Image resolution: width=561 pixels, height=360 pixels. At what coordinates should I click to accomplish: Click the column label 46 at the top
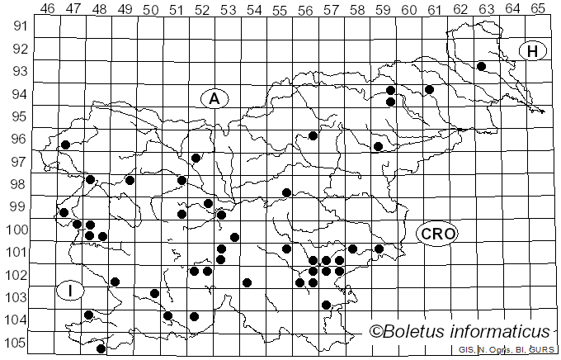coord(48,9)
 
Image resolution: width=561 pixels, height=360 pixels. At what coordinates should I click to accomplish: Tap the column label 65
coord(537,9)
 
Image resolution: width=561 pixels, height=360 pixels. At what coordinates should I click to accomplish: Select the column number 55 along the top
coord(280,9)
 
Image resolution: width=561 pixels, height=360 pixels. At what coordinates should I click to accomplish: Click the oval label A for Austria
coord(214,99)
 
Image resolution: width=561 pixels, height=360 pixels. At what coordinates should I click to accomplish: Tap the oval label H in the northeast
coord(533,51)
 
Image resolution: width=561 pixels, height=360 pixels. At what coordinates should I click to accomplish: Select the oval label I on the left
coord(71,290)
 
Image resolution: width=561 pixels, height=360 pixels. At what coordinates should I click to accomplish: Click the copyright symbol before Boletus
coord(375,332)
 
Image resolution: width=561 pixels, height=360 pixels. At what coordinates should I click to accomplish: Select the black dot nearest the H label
coord(481,66)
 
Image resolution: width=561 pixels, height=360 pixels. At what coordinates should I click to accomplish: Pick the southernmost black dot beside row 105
coord(101,348)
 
